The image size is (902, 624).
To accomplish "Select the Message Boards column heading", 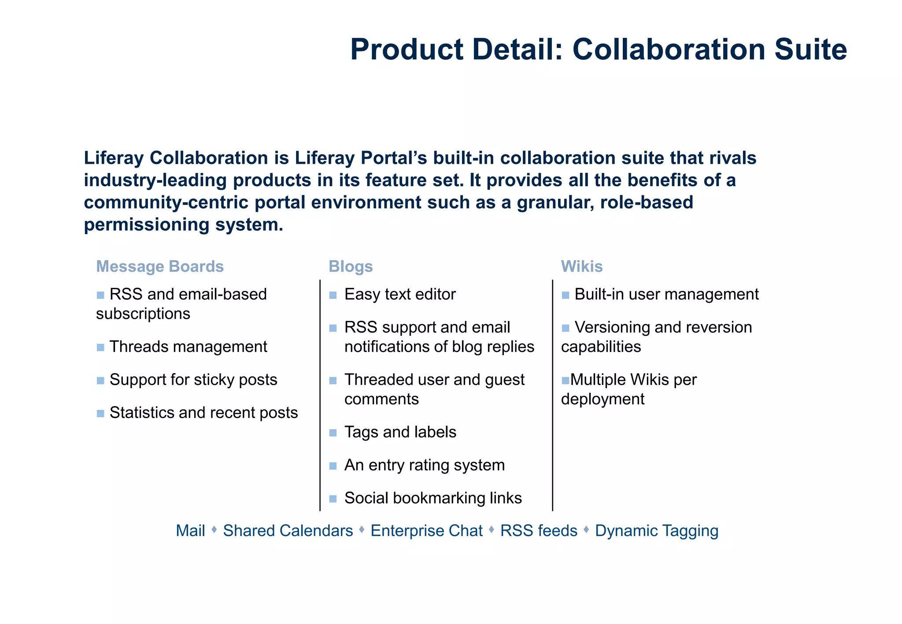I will pos(160,267).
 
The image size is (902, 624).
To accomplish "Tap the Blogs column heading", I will pos(351,267).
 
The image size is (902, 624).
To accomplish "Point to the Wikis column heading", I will pos(581,267).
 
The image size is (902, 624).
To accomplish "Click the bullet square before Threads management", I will pos(100,348).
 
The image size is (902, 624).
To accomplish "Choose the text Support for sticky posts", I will pos(193,380).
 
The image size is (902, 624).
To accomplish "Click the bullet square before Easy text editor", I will pos(333,295).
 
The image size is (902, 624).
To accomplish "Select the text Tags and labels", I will pos(400,432).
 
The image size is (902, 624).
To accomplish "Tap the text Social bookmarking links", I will pos(433,498).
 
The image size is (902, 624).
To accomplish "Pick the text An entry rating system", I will pos(424,465).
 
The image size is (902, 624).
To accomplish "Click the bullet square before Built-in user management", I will pos(566,295).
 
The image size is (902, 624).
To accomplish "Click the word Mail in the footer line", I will pos(190,531).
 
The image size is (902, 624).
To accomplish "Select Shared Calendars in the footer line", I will pos(288,531).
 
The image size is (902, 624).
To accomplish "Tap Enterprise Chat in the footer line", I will pos(426,531).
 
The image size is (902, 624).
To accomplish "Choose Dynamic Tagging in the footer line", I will pos(657,531).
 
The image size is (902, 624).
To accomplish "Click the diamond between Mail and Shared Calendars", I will pos(214,530).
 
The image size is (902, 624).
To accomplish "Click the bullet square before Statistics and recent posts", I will pos(100,414).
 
